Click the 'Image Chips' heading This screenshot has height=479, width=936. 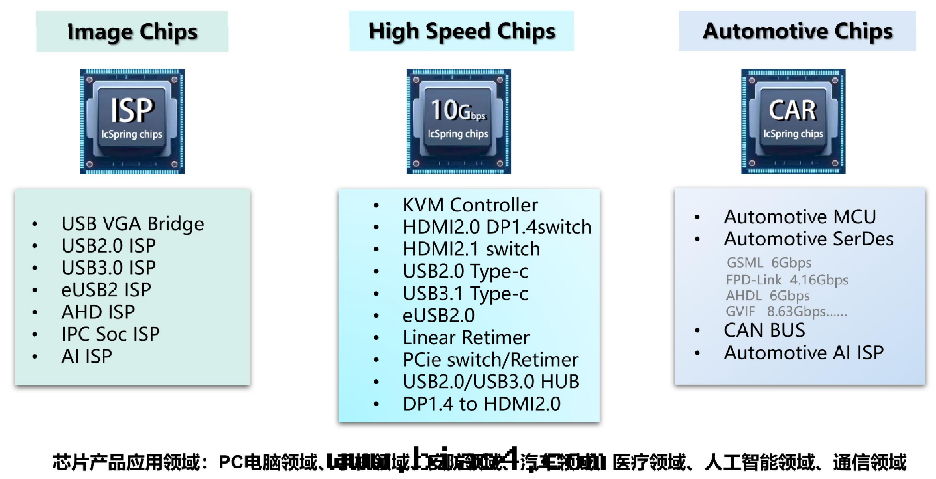coord(132,32)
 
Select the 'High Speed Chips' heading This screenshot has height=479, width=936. coord(462,31)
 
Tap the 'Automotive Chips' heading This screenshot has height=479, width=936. coord(797,31)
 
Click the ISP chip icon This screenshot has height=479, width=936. coord(132,122)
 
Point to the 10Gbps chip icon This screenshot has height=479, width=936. coord(459,122)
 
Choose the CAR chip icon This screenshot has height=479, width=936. coord(793,122)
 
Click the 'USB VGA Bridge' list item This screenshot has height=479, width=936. coord(132,224)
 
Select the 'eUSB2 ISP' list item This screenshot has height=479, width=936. coord(106,290)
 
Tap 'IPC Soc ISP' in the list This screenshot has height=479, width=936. coord(110,334)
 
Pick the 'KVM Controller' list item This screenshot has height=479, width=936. coord(470,205)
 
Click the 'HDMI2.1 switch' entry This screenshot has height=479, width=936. coord(471,249)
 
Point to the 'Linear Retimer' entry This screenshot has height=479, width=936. coord(466,337)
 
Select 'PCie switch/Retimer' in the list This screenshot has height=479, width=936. coord(490,359)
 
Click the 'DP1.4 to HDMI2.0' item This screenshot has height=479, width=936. coord(481,404)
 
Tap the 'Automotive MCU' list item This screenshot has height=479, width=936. coord(800,217)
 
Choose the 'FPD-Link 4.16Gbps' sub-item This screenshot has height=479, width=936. coord(787,280)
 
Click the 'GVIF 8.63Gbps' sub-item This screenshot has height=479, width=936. coord(786,311)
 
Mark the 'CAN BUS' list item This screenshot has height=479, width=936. coord(764,330)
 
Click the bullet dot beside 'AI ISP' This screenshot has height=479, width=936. coord(35,357)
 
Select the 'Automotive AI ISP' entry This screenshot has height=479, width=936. coord(804,352)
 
